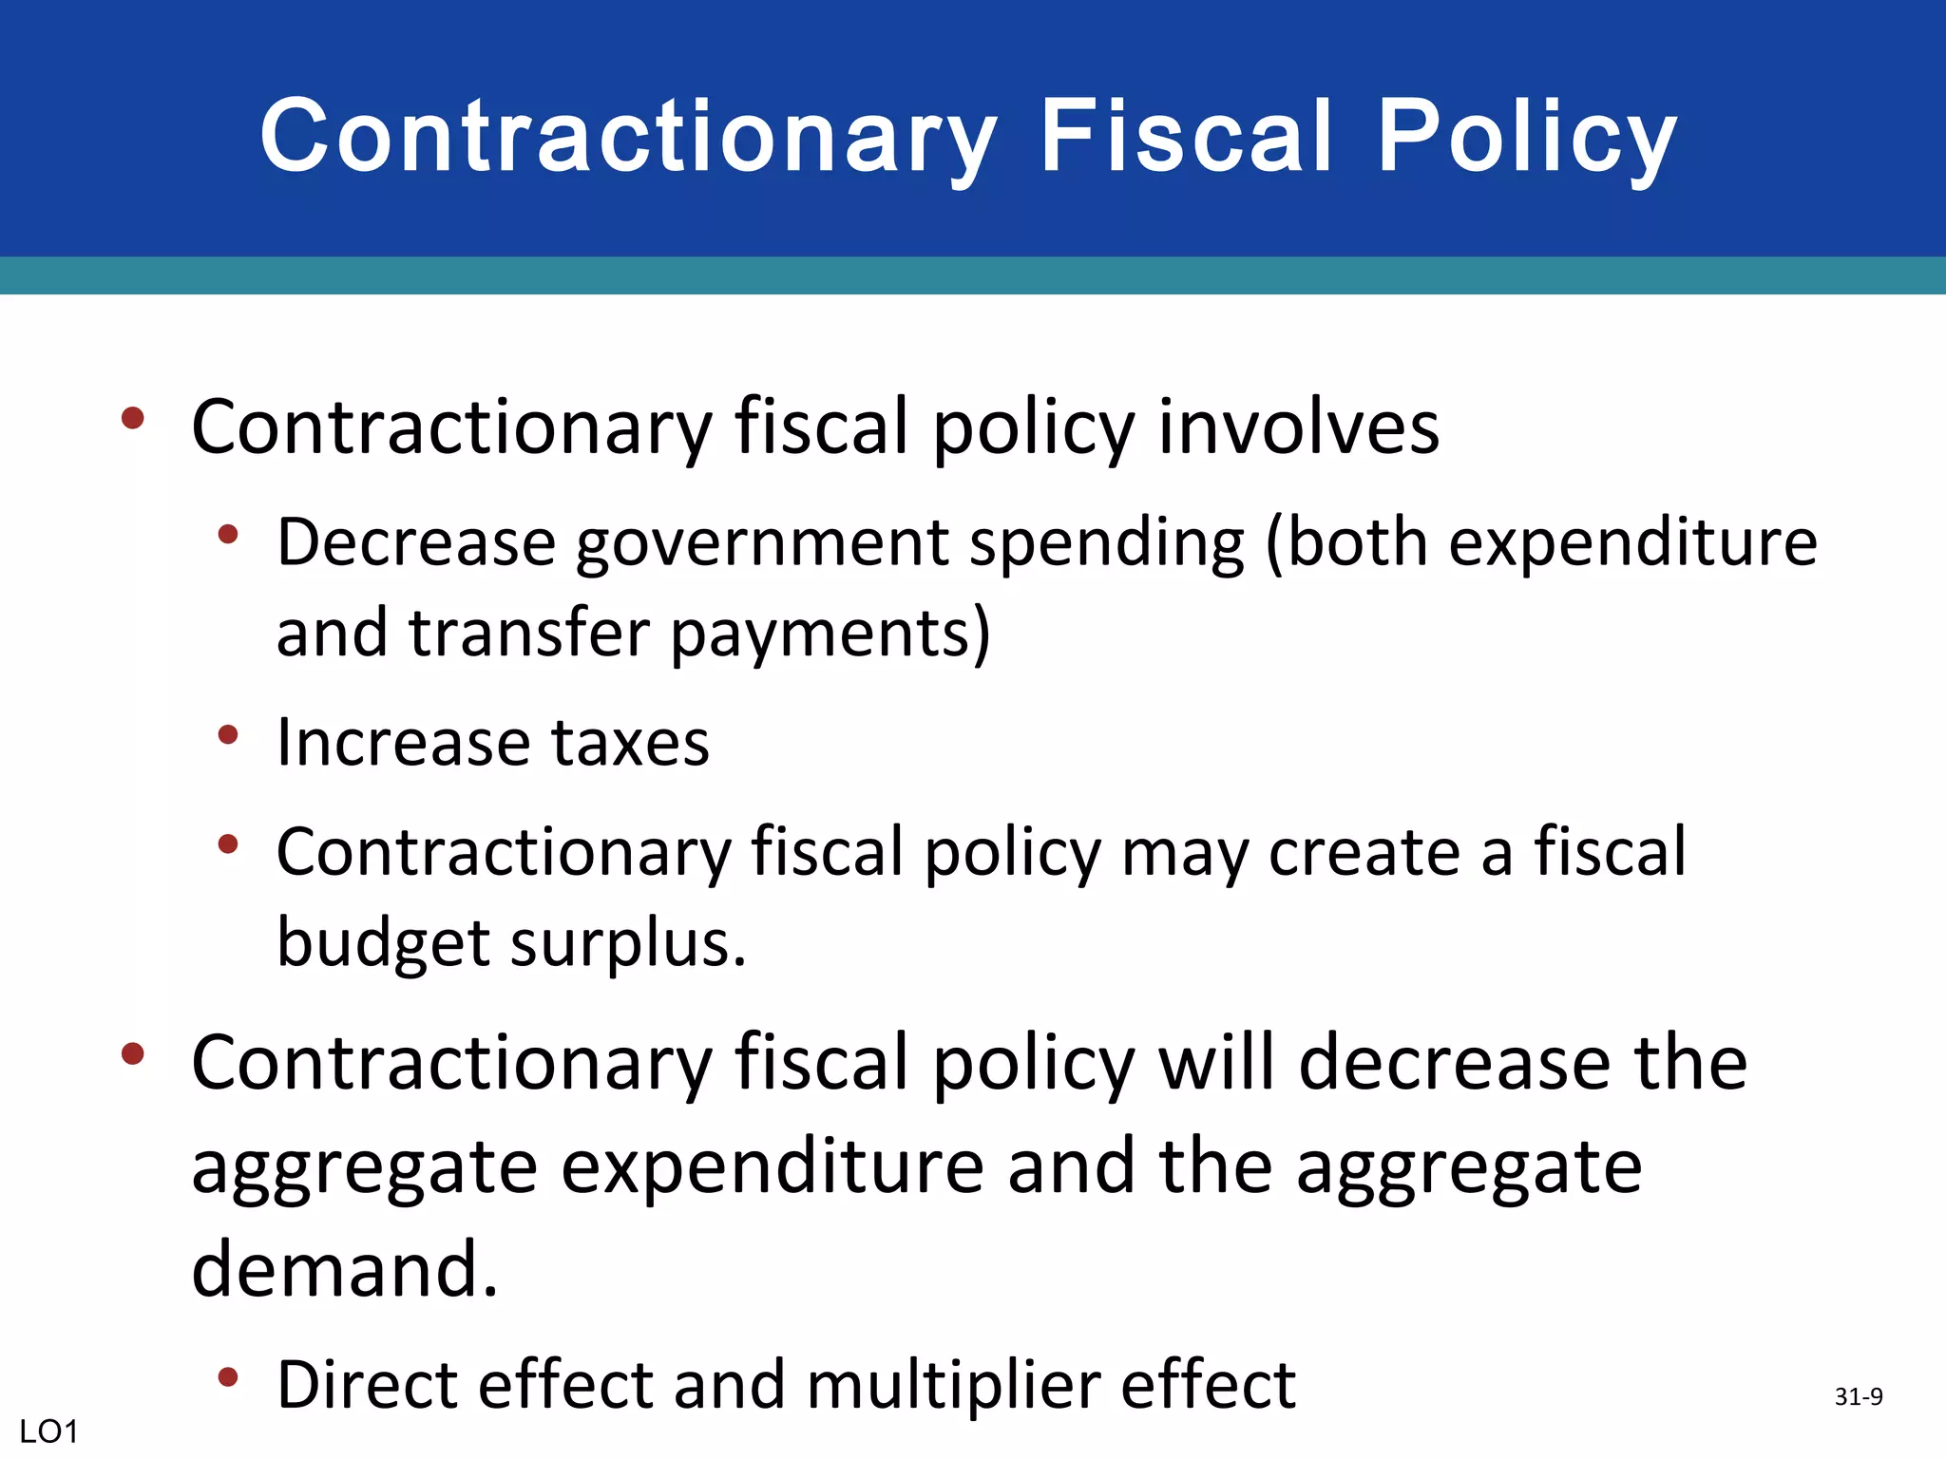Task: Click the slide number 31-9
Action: pyautogui.click(x=1859, y=1396)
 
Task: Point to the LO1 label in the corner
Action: pyautogui.click(x=48, y=1431)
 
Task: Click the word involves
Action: pyautogui.click(x=1298, y=426)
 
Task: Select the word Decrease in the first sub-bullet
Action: pyautogui.click(x=415, y=542)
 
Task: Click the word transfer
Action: pyautogui.click(x=528, y=633)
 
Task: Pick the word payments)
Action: pyautogui.click(x=830, y=633)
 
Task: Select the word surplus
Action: pyautogui.click(x=628, y=943)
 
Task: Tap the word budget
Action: pyautogui.click(x=383, y=943)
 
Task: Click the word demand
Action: pyautogui.click(x=344, y=1269)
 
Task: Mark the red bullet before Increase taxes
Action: pyautogui.click(x=227, y=734)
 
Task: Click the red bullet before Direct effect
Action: pyautogui.click(x=227, y=1376)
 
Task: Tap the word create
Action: pyautogui.click(x=1364, y=852)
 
